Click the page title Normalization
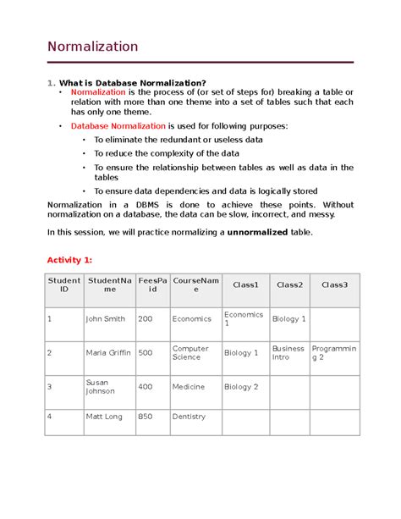[x=92, y=47]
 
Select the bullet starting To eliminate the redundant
[x=178, y=139]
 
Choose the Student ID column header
[x=64, y=286]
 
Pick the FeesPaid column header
[x=152, y=286]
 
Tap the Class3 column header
[x=333, y=285]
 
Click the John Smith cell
[x=106, y=319]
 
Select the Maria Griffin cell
[x=108, y=353]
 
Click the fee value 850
[x=146, y=417]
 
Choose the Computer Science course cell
[x=190, y=353]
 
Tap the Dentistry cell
[x=189, y=417]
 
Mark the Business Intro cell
[x=288, y=353]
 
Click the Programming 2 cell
[x=334, y=353]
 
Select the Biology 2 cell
[x=241, y=387]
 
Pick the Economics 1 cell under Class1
[x=244, y=319]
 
